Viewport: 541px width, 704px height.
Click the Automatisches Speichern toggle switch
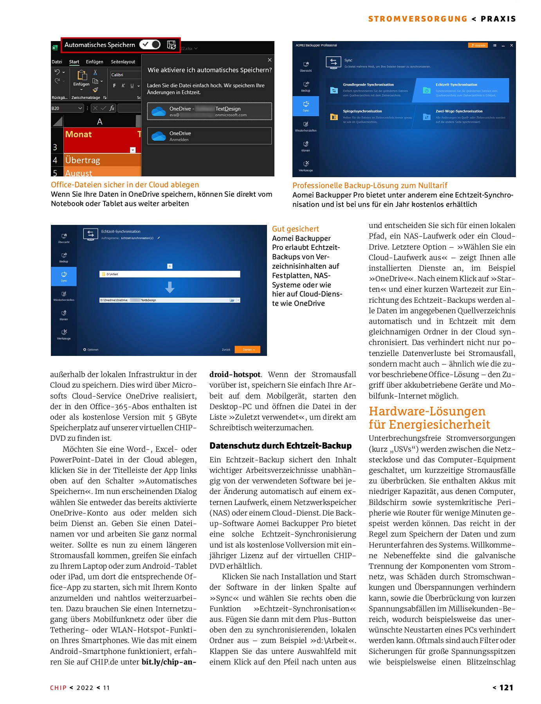coord(150,45)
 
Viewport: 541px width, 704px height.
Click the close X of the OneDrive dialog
coord(269,60)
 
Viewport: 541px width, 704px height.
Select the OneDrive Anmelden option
coord(209,136)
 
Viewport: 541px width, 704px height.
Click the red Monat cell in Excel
coord(100,135)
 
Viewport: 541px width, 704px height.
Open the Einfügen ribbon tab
coord(94,62)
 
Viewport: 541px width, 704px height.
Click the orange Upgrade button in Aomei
coord(478,45)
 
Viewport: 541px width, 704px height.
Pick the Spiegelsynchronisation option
coord(369,116)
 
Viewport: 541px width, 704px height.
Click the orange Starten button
coord(247,350)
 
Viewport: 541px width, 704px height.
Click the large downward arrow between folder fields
coord(170,287)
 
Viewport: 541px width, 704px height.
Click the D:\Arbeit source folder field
coord(170,274)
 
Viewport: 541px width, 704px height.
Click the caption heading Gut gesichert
coord(295,229)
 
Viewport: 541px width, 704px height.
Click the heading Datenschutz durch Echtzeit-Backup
coord(280,446)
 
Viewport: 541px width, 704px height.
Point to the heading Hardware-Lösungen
coord(427,411)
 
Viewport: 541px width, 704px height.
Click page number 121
coord(506,688)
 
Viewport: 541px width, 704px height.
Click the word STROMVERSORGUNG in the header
coord(417,19)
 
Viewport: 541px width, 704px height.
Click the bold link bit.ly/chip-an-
coord(169,662)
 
